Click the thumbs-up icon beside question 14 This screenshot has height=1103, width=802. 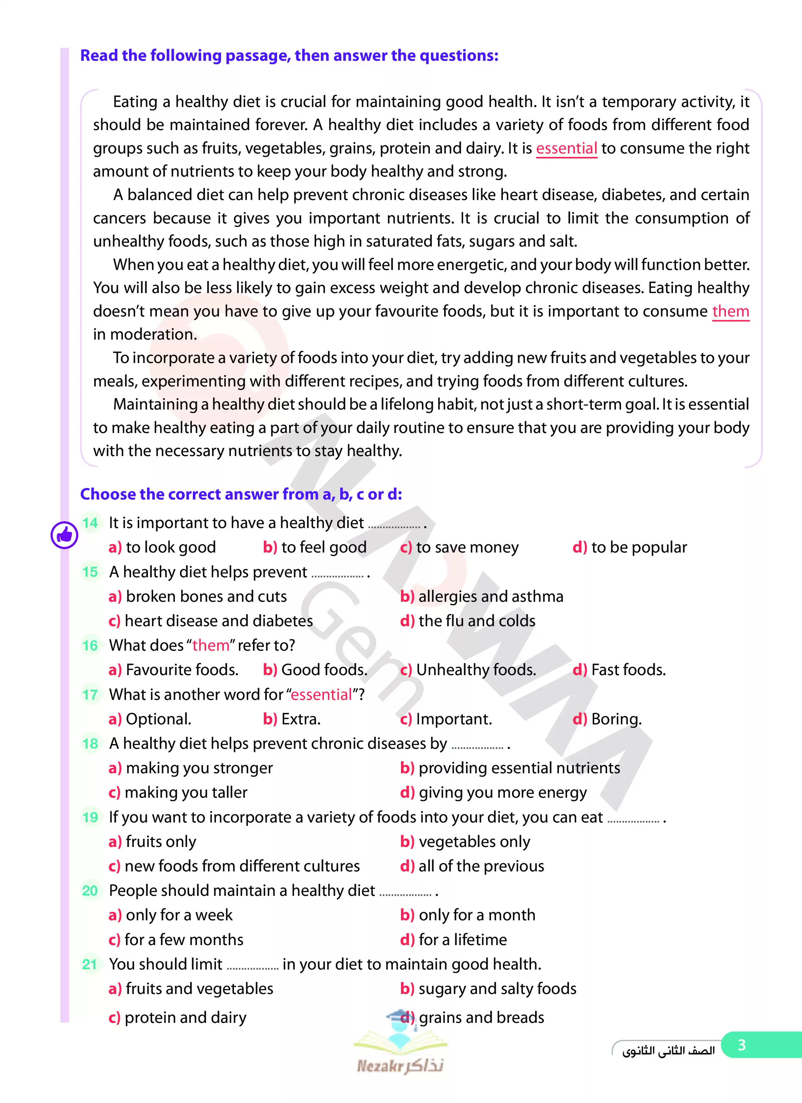pos(64,535)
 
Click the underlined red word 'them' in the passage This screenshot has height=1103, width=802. pos(730,311)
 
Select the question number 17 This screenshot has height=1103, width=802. pos(90,694)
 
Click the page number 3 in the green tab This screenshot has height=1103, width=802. pos(741,1045)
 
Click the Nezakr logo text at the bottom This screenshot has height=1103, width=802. pos(400,1066)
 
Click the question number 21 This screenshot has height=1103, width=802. pos(90,964)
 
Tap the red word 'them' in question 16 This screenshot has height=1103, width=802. pos(211,645)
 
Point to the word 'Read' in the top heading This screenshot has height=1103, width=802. pos(99,55)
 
